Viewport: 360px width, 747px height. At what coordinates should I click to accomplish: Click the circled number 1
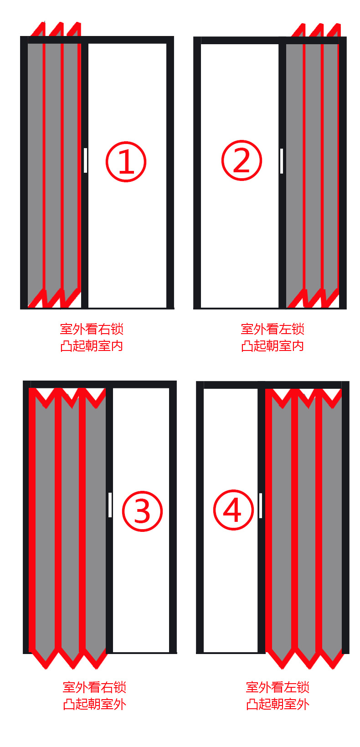[x=126, y=162]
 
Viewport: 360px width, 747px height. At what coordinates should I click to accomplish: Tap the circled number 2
[x=242, y=160]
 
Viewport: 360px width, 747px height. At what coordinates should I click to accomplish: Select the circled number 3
[x=142, y=511]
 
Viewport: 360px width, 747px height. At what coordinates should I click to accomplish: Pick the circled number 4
[x=233, y=510]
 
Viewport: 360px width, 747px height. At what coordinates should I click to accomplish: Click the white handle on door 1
[x=85, y=160]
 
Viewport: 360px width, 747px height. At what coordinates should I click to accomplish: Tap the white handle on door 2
[x=282, y=161]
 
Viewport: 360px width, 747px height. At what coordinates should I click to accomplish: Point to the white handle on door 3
[x=110, y=505]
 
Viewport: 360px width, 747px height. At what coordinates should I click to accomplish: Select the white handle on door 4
[x=261, y=506]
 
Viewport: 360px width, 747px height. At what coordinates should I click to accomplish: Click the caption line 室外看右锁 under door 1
[x=92, y=329]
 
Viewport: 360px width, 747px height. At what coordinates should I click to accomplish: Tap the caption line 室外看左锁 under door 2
[x=273, y=329]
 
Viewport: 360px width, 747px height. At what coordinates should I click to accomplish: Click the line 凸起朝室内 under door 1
[x=92, y=346]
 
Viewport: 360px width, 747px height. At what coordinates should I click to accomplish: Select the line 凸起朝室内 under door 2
[x=273, y=346]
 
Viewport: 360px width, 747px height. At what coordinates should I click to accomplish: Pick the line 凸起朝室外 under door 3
[x=95, y=704]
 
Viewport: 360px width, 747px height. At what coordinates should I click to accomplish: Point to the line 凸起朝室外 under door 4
[x=278, y=704]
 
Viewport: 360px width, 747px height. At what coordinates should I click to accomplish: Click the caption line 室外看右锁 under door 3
[x=95, y=687]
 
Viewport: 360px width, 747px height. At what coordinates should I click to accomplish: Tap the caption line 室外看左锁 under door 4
[x=278, y=687]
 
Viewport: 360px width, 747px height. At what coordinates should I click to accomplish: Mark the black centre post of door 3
[x=109, y=520]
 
